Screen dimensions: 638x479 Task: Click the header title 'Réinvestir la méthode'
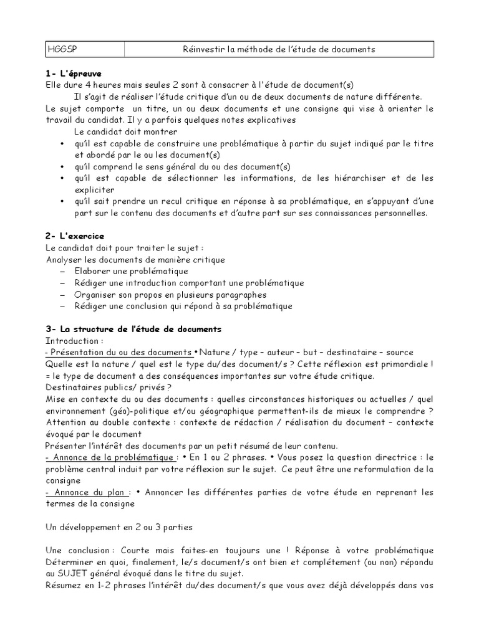tap(279, 49)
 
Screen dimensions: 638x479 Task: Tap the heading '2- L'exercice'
tap(75, 236)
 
